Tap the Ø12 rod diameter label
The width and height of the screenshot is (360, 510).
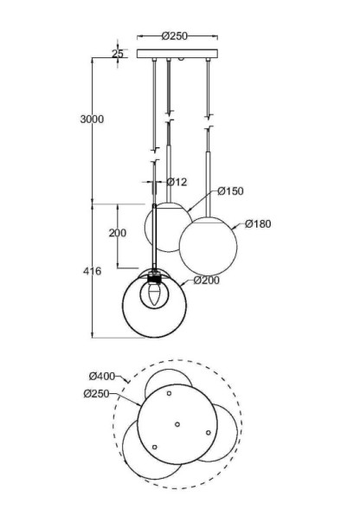(x=176, y=182)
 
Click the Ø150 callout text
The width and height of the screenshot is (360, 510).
(x=230, y=190)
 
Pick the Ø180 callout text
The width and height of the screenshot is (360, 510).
(x=258, y=223)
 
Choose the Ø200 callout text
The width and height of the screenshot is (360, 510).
(x=207, y=281)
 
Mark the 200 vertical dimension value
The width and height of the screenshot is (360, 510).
(x=118, y=233)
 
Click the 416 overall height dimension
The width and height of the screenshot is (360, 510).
(x=92, y=271)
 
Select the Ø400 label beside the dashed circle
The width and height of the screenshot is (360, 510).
(x=102, y=375)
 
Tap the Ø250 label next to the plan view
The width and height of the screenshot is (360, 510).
(x=98, y=393)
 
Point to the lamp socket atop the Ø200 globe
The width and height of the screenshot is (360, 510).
(x=156, y=279)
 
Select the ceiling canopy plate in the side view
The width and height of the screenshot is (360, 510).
(x=178, y=54)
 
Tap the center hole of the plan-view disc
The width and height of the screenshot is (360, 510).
(x=177, y=424)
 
